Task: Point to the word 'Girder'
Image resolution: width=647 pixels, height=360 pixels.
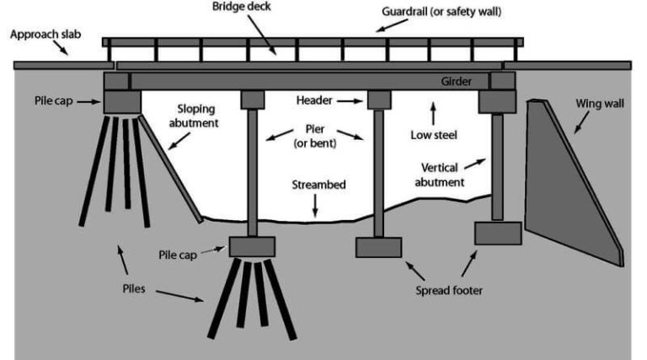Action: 457,82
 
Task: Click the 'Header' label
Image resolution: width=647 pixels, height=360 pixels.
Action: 315,99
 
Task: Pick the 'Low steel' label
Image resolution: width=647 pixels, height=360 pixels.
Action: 434,134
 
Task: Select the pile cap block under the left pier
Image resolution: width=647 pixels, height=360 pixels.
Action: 252,246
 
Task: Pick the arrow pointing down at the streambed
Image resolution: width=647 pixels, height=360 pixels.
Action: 314,205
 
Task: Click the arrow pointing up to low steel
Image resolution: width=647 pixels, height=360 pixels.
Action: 434,111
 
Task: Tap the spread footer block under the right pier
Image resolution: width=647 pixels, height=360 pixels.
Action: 377,247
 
